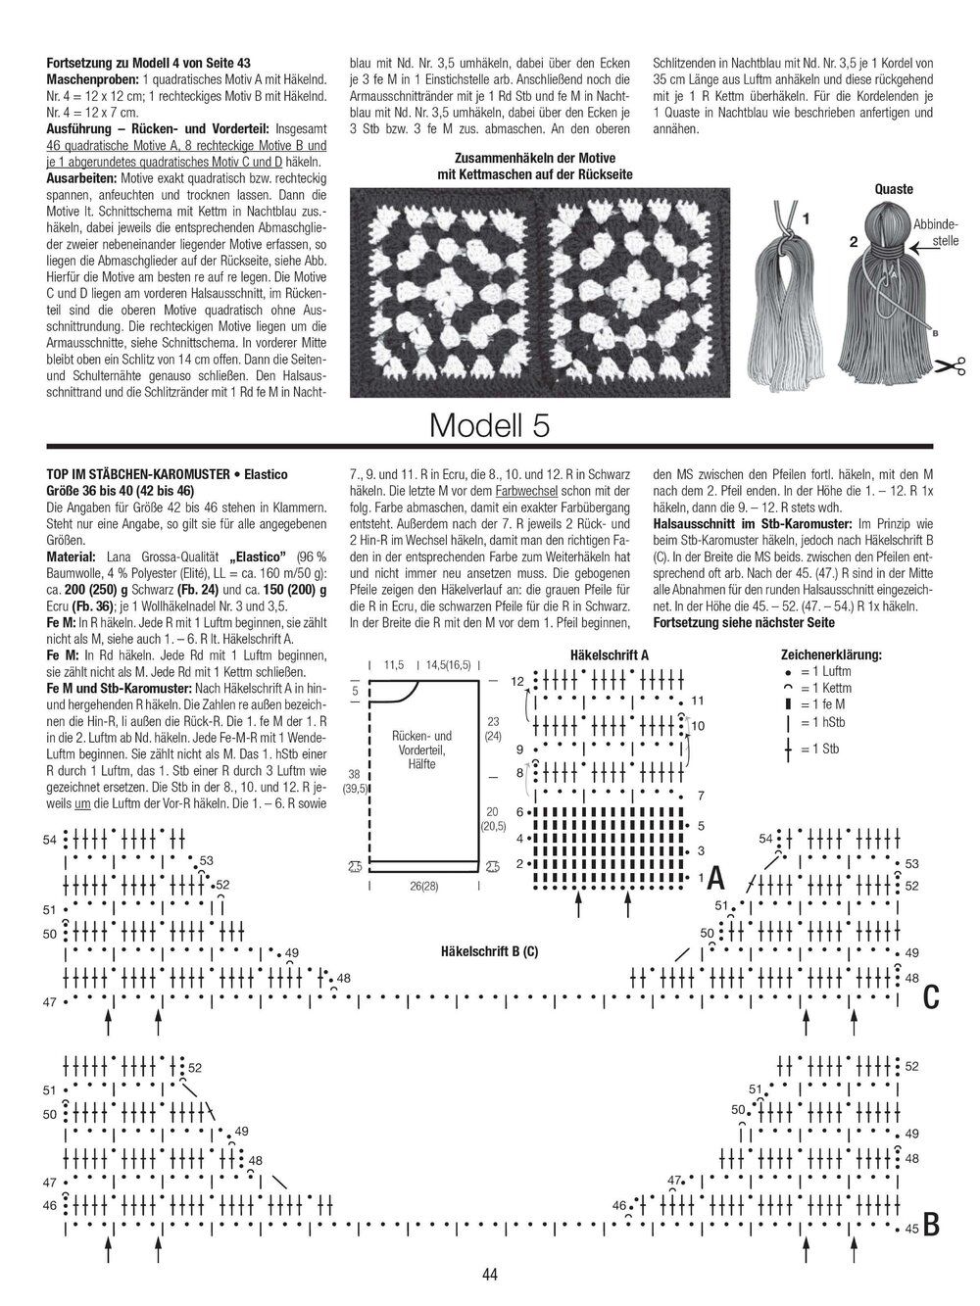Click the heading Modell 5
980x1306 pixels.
pyautogui.click(x=489, y=424)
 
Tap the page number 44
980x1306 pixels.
pyautogui.click(x=490, y=1274)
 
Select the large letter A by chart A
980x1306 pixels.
pyautogui.click(x=715, y=877)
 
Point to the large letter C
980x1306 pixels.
pyautogui.click(x=931, y=997)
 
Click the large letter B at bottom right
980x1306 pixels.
pyautogui.click(x=931, y=1224)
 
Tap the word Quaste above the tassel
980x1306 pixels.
pyautogui.click(x=893, y=189)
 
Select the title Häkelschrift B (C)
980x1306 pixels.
pyautogui.click(x=489, y=950)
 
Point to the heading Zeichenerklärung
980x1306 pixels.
pyautogui.click(x=831, y=654)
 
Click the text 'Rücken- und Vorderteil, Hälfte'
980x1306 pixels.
pyautogui.click(x=421, y=750)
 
